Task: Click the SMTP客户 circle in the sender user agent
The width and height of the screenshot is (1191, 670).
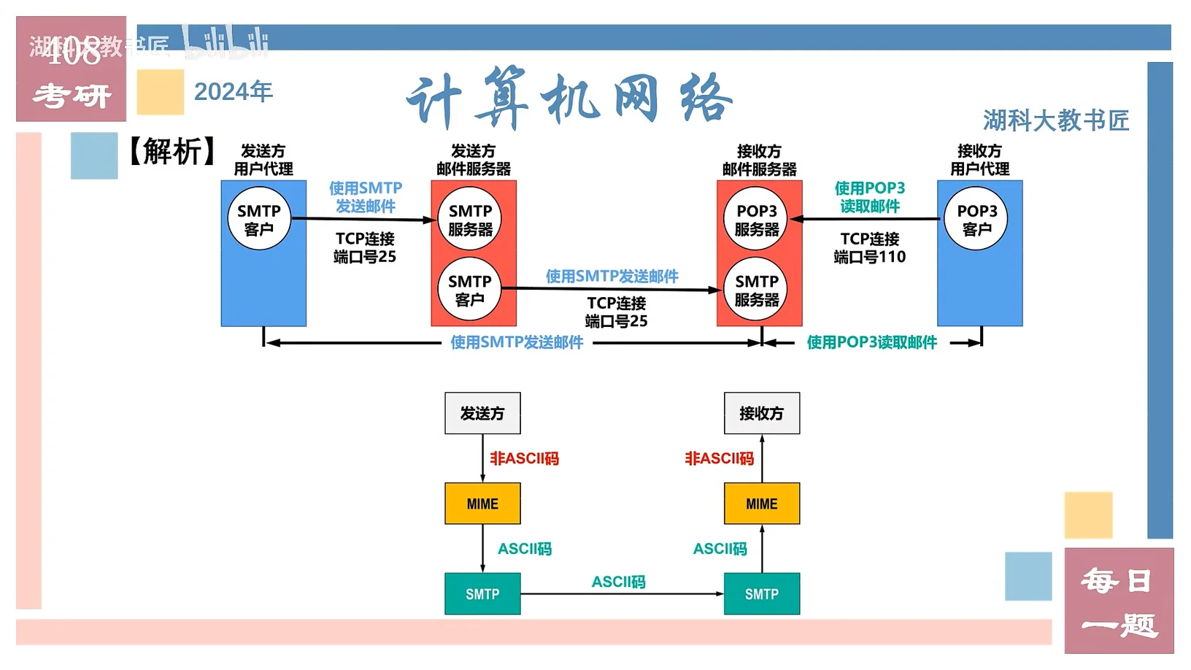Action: (x=259, y=219)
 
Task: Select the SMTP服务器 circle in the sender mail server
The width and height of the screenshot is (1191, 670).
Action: (x=470, y=219)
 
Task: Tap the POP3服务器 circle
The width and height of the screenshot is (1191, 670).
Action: (x=757, y=219)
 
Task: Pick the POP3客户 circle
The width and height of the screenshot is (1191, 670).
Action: (x=976, y=219)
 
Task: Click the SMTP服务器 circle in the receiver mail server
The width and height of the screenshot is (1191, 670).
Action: (x=757, y=290)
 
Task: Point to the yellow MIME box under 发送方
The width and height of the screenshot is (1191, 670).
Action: (x=482, y=504)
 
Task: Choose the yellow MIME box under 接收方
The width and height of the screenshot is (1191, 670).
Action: (x=761, y=504)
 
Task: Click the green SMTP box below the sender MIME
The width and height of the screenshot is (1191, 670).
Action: (x=482, y=594)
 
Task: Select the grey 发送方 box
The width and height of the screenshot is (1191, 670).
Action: (x=482, y=413)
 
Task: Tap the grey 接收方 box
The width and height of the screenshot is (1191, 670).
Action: (x=761, y=413)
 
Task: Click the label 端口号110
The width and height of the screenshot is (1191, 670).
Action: (x=869, y=257)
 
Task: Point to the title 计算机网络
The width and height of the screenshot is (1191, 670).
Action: (x=569, y=99)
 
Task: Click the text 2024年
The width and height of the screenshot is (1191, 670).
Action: (x=234, y=92)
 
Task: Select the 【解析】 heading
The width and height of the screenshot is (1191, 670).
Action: (x=172, y=152)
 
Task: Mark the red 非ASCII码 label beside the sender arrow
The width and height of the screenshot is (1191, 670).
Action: (x=524, y=458)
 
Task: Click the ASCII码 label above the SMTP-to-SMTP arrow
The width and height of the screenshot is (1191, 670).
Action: (x=618, y=582)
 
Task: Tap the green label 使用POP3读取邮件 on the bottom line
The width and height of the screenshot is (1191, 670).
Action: (x=871, y=342)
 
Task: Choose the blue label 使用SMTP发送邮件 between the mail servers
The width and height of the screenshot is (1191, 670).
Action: (x=612, y=276)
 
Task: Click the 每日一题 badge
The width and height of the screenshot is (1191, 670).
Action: (x=1119, y=601)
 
